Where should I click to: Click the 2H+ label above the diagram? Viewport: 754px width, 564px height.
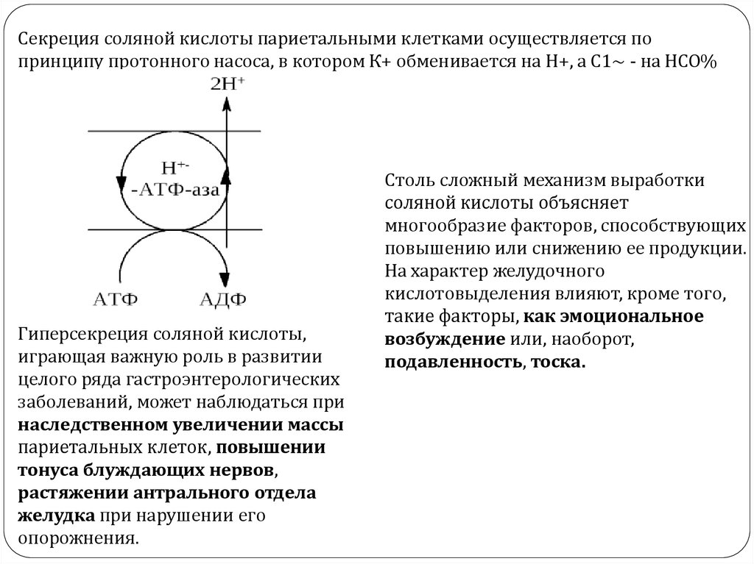pyautogui.click(x=228, y=84)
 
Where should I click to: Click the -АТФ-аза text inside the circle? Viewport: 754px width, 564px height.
pyautogui.click(x=176, y=190)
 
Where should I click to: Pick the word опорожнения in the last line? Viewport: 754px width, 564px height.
pyautogui.click(x=77, y=538)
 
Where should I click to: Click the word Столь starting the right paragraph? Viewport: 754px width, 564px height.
pyautogui.click(x=406, y=179)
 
